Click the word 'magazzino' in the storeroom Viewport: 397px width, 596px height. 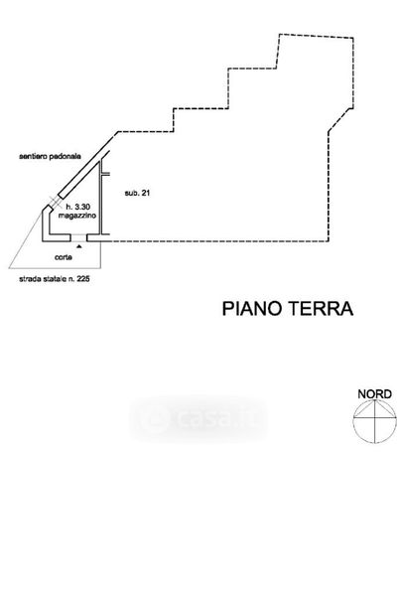click(77, 216)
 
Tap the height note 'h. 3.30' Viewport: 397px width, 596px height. click(77, 207)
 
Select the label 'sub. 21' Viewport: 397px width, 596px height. click(137, 193)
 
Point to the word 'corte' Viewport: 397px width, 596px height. click(64, 257)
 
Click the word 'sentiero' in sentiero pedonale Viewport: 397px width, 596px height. click(34, 156)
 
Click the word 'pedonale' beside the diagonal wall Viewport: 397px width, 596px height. click(66, 156)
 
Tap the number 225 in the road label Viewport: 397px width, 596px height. click(82, 279)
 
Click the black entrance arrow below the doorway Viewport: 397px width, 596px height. click(79, 246)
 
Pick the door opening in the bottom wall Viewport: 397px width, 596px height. click(79, 238)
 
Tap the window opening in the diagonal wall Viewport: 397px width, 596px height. click(57, 202)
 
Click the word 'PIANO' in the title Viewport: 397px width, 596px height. click(253, 308)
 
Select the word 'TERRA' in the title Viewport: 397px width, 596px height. click(321, 308)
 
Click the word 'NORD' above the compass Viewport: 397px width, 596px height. click(374, 394)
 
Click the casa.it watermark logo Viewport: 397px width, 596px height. click(198, 419)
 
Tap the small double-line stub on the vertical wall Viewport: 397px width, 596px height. click(106, 174)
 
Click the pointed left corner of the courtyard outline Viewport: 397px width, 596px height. click(9, 268)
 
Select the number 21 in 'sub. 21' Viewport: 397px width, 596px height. click(146, 193)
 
